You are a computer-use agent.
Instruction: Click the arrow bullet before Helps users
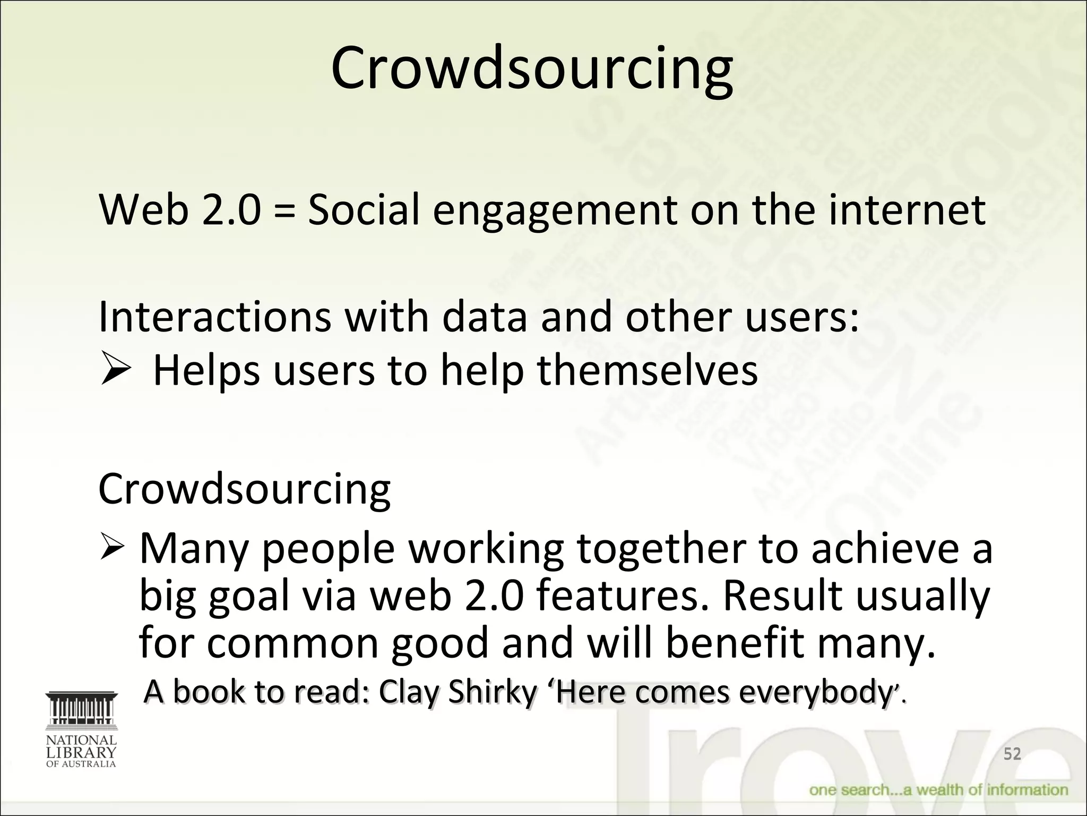tap(115, 370)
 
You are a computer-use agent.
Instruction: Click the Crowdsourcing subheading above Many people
tap(245, 489)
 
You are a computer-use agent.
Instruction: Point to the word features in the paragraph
tap(622, 596)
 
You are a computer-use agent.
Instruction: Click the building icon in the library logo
tap(81, 709)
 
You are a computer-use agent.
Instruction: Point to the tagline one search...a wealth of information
tap(938, 790)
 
